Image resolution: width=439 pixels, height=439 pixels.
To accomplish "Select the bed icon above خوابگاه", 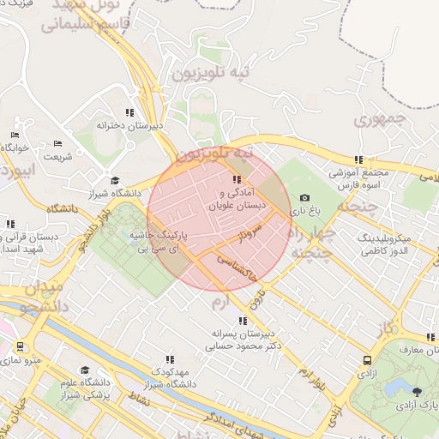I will (x=14, y=135).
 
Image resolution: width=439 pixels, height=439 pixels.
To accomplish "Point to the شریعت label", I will (x=57, y=156).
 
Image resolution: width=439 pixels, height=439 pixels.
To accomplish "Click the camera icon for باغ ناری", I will (x=304, y=197).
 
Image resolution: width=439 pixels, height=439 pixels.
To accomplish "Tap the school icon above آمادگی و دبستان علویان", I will (x=237, y=179).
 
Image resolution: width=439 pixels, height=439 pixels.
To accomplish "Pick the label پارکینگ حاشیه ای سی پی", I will (x=159, y=239).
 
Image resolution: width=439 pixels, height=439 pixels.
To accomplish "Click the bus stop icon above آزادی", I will (x=367, y=361).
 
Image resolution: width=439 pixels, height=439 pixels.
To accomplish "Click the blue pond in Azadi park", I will (x=396, y=390).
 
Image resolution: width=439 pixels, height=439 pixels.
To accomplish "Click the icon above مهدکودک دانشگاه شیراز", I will (x=170, y=359).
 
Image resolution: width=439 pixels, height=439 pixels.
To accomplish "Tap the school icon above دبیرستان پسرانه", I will (x=240, y=321).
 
